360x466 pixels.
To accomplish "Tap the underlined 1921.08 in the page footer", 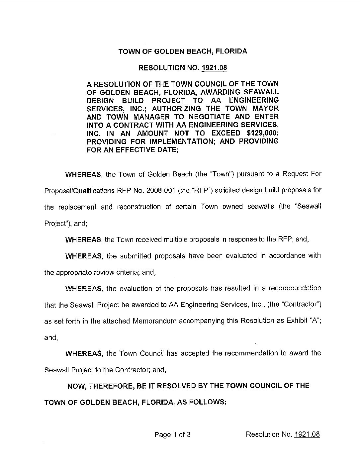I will (x=307, y=434).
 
